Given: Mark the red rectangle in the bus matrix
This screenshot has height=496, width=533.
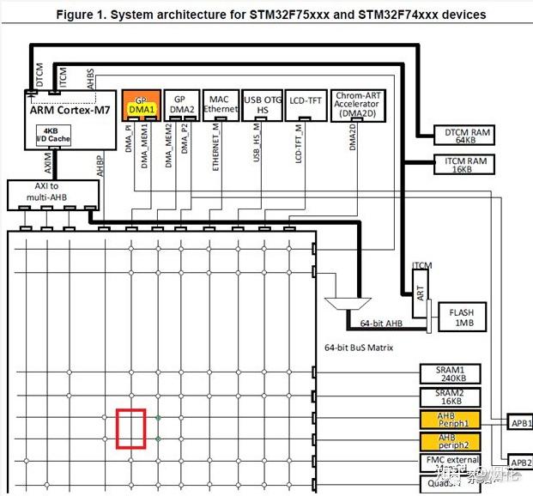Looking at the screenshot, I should [x=130, y=428].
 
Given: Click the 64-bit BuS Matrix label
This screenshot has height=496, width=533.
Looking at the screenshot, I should [x=371, y=347].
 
